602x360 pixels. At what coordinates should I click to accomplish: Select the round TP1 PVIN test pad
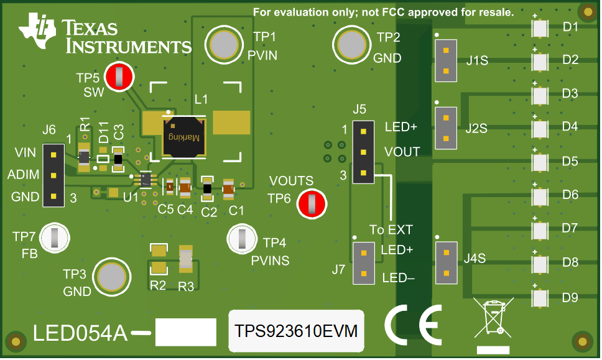tap(223, 44)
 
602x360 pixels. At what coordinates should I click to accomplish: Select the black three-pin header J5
tap(363, 151)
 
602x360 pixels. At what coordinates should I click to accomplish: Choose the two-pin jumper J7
tap(363, 262)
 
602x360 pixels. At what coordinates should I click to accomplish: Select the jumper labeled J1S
tap(445, 60)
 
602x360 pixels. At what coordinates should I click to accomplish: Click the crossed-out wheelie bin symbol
tap(493, 319)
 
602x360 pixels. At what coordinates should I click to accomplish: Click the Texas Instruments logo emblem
tap(39, 32)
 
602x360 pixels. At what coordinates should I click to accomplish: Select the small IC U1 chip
tap(146, 180)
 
